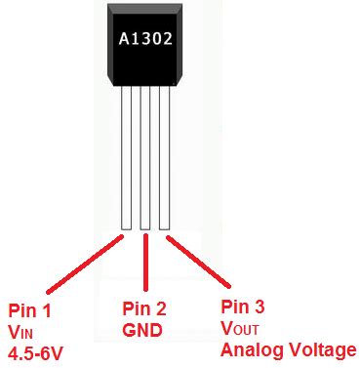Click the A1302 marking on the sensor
coord(143,37)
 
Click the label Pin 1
coord(29,311)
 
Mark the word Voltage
coord(320,349)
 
